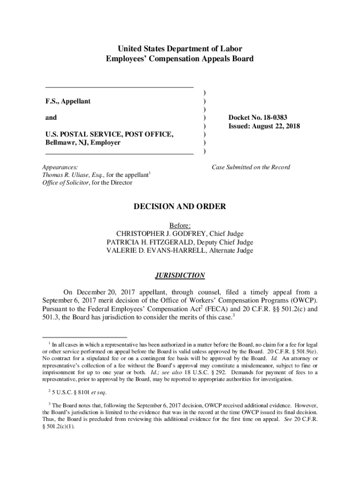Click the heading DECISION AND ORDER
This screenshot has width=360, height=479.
tap(180, 206)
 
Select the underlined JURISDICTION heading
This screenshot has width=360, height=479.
tap(180, 275)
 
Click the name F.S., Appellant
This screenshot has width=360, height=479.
tap(68, 101)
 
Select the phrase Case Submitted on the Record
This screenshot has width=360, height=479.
tap(251, 167)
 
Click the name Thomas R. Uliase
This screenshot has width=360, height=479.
tap(65, 175)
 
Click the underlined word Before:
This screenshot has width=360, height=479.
tap(180, 225)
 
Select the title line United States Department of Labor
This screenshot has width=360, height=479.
tap(180, 49)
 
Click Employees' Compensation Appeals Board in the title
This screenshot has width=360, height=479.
tap(180, 59)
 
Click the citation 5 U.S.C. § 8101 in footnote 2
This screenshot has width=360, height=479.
tap(69, 392)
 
